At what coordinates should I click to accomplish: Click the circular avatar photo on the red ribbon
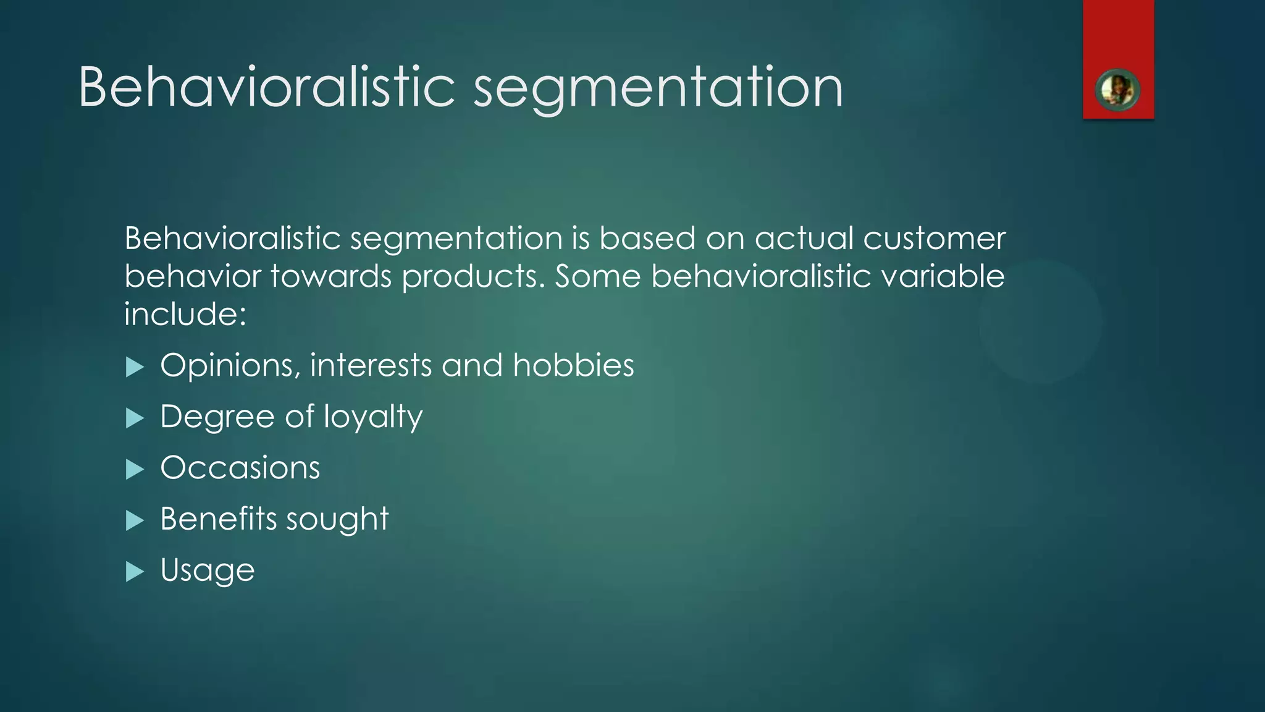coord(1117,90)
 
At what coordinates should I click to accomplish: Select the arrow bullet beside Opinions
coord(135,367)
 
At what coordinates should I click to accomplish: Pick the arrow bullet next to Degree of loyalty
coord(135,418)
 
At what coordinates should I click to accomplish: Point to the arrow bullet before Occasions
coord(135,470)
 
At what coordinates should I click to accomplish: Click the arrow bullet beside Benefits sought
coord(135,520)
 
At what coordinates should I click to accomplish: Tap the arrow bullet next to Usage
coord(135,572)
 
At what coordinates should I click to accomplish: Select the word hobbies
coord(573,365)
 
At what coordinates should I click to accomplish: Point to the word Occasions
coord(240,467)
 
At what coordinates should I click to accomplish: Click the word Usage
coord(208,570)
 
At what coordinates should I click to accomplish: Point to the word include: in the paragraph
coord(185,314)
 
